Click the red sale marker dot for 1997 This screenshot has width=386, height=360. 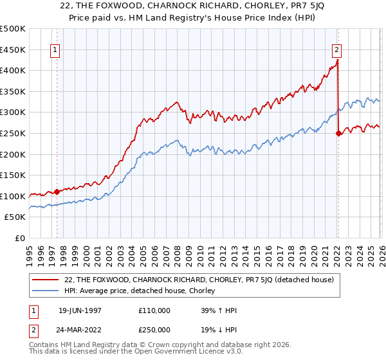click(57, 192)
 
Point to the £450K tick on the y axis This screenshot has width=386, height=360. click(13, 50)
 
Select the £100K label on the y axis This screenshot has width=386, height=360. click(13, 196)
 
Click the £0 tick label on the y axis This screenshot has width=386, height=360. click(21, 238)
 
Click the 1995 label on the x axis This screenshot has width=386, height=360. click(30, 251)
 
